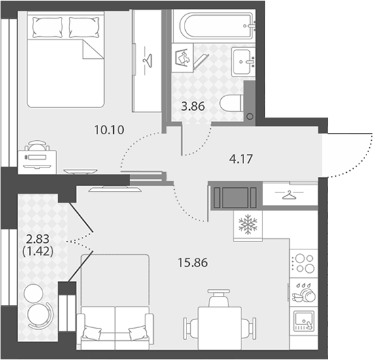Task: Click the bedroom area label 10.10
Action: click(109, 130)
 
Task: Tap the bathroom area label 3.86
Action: click(193, 106)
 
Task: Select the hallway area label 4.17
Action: click(241, 159)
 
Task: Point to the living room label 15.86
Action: click(192, 262)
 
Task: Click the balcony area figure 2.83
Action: click(37, 239)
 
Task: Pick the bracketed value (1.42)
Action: click(37, 251)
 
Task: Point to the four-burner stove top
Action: click(304, 263)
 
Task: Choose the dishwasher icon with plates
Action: click(304, 292)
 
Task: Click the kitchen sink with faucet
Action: click(304, 321)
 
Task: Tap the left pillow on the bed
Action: click(47, 27)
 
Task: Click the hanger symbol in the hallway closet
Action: click(289, 194)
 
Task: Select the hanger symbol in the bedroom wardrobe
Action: click(147, 61)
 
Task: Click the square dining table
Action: click(220, 328)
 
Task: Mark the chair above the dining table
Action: click(219, 298)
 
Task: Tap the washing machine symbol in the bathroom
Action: click(182, 58)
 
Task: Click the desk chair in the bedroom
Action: click(37, 145)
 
